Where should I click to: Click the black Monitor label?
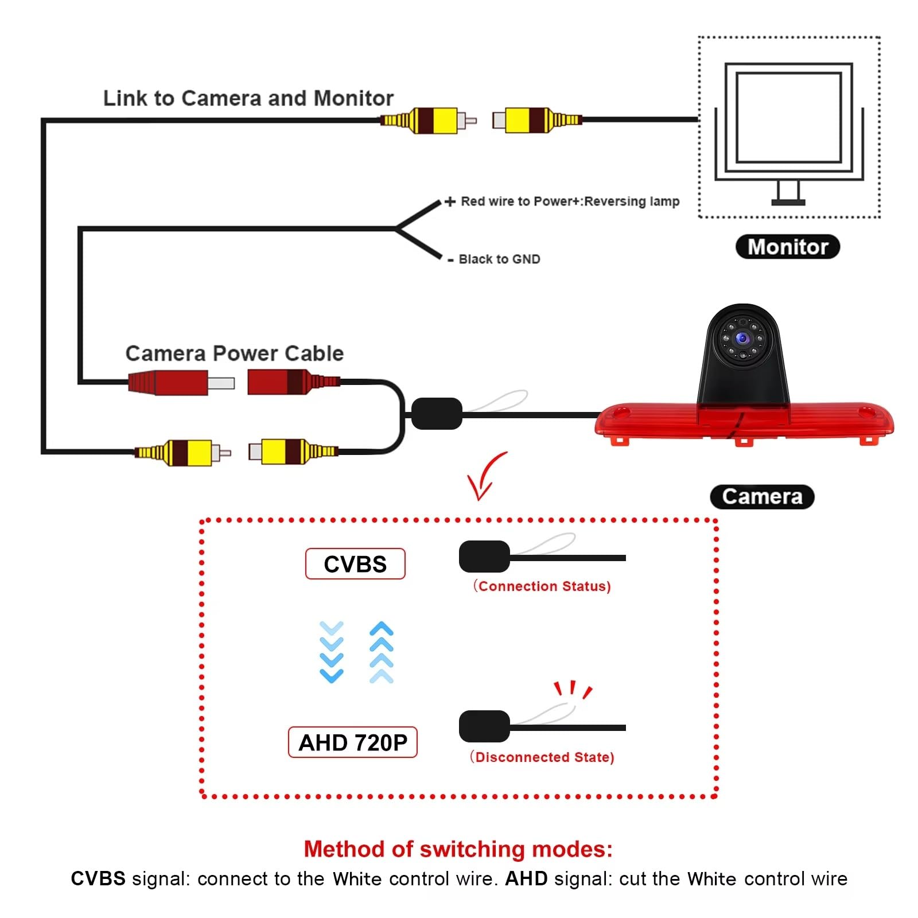787,247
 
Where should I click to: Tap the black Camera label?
762,496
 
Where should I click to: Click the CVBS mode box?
355,564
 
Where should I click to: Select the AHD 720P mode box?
352,742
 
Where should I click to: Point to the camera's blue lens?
743,338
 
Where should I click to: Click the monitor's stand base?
788,202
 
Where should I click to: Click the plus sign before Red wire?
450,201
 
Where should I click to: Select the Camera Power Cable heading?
235,353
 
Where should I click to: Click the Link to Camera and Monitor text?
248,98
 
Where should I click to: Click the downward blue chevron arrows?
332,652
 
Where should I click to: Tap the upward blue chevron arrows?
382,652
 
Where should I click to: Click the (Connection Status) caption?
542,586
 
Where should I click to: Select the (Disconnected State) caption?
542,757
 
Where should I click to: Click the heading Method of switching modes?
458,849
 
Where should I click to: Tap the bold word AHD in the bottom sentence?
526,879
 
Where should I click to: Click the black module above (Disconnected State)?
484,726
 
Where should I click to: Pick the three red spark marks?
573,690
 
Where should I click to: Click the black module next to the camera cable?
437,413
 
